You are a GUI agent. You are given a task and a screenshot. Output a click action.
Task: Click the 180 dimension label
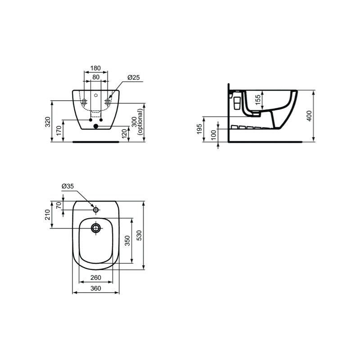click(x=95, y=68)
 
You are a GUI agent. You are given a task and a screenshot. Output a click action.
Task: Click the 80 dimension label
click(x=96, y=77)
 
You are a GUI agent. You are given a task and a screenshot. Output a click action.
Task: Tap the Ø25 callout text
click(x=134, y=77)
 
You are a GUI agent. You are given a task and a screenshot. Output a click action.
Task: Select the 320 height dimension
click(x=48, y=121)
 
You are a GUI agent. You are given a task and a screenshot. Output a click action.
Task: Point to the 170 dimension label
click(x=59, y=130)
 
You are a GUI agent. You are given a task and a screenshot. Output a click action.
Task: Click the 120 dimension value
click(x=124, y=134)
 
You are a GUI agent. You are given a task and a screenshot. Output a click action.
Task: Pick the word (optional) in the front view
click(x=140, y=121)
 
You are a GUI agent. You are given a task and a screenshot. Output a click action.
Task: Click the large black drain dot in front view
click(x=96, y=126)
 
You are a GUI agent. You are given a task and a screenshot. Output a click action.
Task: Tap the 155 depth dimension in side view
click(x=258, y=99)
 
